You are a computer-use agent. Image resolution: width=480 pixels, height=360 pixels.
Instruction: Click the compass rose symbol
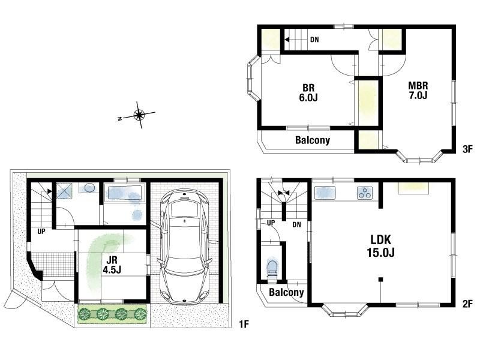pos(139,115)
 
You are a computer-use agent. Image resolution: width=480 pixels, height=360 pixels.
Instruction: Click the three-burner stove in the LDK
pos(365,193)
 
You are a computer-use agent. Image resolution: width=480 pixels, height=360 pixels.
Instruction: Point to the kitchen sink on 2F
pos(325,193)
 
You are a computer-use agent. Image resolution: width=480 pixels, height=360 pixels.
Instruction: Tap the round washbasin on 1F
pos(89,188)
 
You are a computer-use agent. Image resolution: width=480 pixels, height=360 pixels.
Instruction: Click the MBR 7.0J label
pos(418,90)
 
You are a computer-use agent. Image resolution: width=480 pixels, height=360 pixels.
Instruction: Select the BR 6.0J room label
pos(308,93)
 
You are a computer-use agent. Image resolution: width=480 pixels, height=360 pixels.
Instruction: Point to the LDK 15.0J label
pos(381,246)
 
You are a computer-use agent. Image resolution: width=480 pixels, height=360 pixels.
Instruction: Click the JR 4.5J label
pos(112,265)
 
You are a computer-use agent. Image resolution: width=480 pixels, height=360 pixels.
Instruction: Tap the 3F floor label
pos(468,149)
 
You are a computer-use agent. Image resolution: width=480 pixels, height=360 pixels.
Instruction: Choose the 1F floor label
pos(244,324)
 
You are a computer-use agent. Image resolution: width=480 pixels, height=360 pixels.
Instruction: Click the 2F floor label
pos(467,304)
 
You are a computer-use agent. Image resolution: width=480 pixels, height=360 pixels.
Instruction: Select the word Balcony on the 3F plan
pos(313,140)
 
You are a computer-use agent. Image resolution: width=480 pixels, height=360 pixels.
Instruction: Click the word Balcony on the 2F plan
pos(286,292)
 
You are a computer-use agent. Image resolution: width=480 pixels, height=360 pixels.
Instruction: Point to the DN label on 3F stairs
pos(314,40)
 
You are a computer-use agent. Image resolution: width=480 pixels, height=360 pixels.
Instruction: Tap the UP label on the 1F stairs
pos(41,232)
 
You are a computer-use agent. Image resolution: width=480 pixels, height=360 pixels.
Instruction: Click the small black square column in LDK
pos(380,279)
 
